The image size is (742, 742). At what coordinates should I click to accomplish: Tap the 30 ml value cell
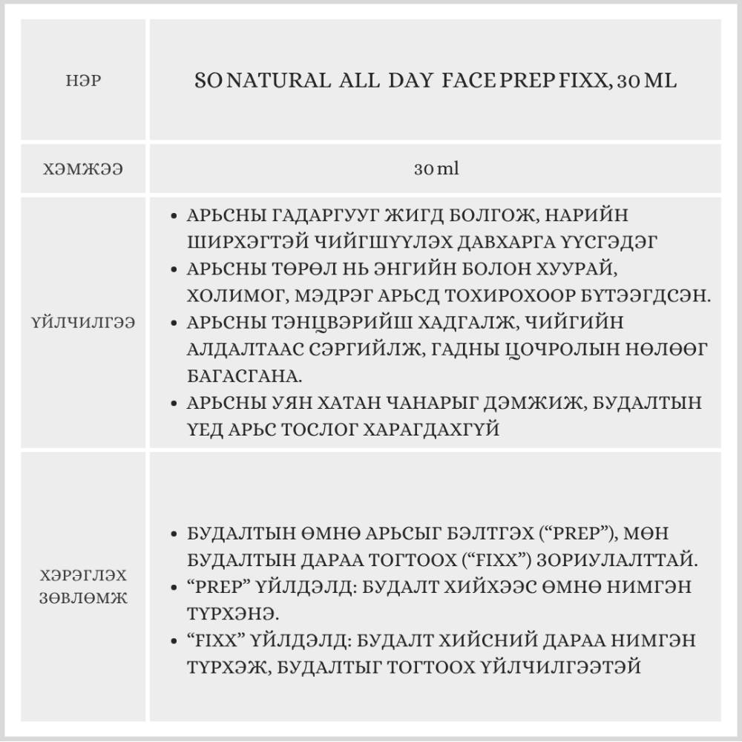click(436, 169)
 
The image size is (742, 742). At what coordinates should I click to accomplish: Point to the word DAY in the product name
click(411, 81)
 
